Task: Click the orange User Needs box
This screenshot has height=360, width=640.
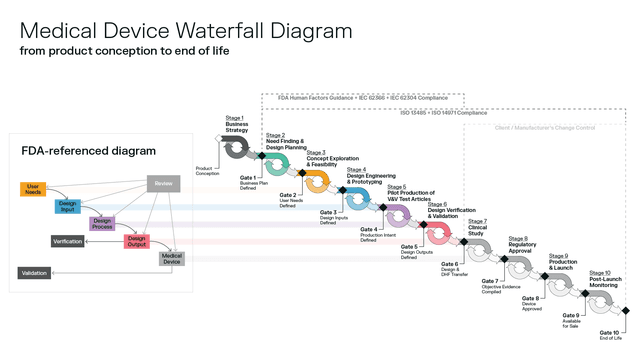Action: (x=33, y=188)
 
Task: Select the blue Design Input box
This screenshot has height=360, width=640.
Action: (x=68, y=205)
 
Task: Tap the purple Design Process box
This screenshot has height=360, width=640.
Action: (x=101, y=222)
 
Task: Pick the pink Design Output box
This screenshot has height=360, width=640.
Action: (x=136, y=240)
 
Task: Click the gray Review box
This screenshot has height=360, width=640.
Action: (x=162, y=183)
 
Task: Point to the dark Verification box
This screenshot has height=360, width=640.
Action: (x=67, y=241)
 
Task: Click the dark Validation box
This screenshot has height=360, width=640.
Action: (x=37, y=272)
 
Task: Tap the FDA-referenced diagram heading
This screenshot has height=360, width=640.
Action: (x=89, y=150)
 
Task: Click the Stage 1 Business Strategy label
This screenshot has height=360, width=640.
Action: (x=236, y=124)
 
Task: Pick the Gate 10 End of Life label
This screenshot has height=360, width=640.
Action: (x=610, y=335)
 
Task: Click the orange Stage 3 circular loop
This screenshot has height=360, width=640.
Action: (x=316, y=182)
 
